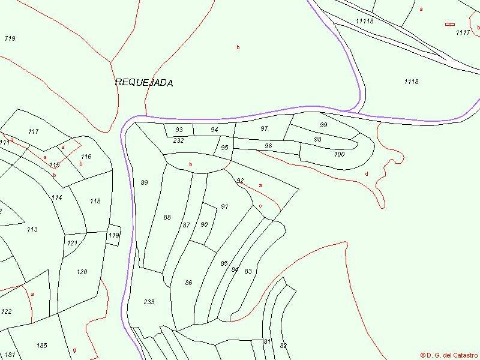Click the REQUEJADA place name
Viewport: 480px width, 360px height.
click(x=144, y=83)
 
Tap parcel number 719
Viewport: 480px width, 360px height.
click(x=10, y=38)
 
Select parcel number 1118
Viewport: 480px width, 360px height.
click(x=411, y=82)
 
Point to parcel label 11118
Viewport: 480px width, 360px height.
click(x=364, y=21)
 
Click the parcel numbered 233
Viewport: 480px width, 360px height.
click(x=149, y=302)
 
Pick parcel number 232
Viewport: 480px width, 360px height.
click(x=178, y=140)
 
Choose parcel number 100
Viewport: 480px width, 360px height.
click(x=340, y=154)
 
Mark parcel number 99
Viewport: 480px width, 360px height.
click(x=323, y=124)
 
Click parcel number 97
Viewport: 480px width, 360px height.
click(x=264, y=129)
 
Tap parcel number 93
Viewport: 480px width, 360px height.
click(x=179, y=130)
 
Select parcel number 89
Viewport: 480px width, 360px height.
click(x=144, y=182)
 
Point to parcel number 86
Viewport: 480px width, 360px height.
click(x=188, y=283)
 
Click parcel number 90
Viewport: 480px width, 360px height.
click(x=204, y=224)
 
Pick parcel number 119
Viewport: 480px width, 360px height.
click(x=113, y=236)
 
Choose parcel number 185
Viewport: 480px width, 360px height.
click(x=41, y=346)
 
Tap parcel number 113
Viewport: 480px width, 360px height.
click(x=32, y=229)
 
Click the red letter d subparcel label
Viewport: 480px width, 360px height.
click(x=367, y=174)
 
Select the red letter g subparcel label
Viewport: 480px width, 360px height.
click(x=74, y=350)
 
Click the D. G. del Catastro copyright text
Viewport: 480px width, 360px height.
click(x=449, y=355)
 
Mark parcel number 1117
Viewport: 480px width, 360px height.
click(x=463, y=32)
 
